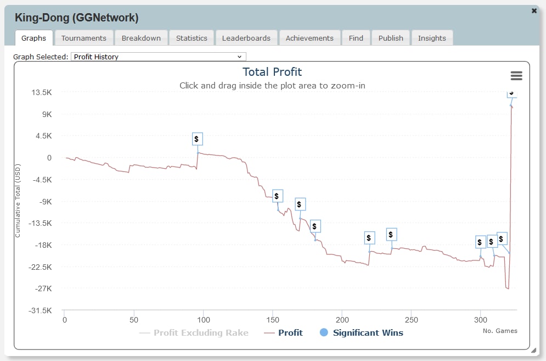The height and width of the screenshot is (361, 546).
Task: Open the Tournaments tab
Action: [84, 38]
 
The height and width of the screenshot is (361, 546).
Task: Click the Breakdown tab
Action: [141, 38]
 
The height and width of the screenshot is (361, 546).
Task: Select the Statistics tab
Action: [192, 38]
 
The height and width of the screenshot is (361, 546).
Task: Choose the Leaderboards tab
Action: [246, 38]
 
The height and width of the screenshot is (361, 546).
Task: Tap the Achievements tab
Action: [309, 38]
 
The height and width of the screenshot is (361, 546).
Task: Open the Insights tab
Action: [432, 38]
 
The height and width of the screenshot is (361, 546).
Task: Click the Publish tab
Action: [391, 38]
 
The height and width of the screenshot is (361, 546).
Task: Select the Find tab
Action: [356, 38]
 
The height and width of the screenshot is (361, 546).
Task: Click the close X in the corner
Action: [534, 10]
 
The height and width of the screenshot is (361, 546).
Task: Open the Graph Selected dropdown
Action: [159, 57]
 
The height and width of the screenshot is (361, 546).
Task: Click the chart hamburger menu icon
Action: [516, 76]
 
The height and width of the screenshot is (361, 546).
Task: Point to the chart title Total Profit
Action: [272, 72]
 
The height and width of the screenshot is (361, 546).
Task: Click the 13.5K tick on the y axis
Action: [42, 92]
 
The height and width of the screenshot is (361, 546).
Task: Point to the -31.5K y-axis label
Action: [42, 310]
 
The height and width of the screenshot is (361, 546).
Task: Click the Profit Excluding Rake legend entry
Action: [200, 332]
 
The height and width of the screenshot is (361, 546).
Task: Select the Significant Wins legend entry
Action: [368, 332]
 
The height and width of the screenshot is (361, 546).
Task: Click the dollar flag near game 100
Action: [198, 139]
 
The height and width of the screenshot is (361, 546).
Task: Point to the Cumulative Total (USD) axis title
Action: [18, 201]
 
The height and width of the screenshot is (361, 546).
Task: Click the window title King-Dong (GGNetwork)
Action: [76, 18]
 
